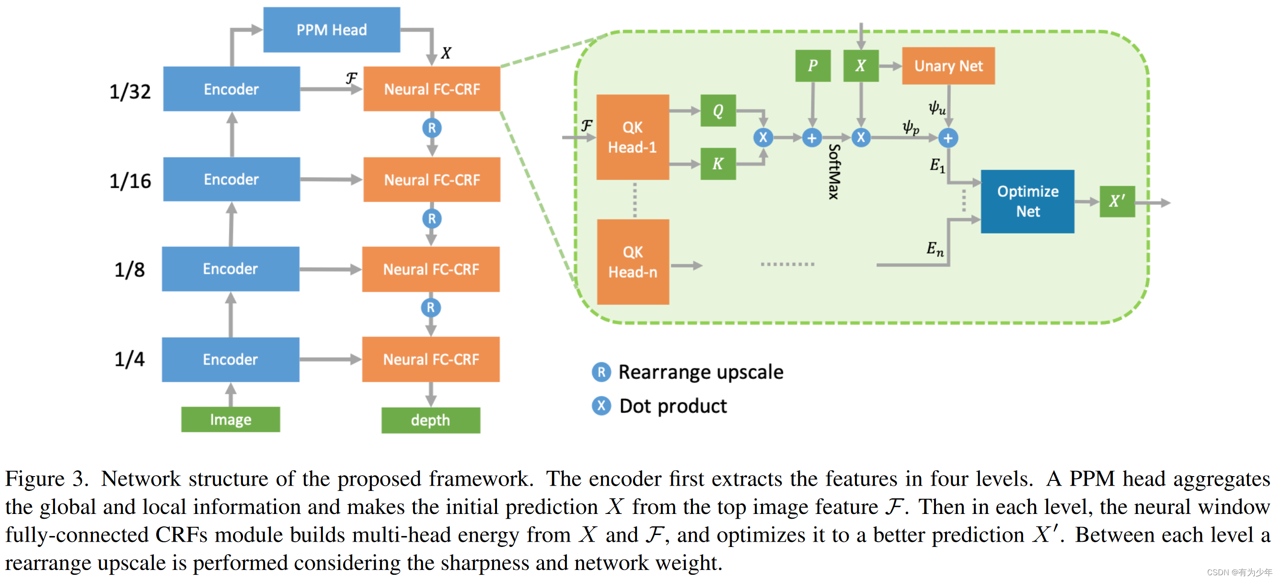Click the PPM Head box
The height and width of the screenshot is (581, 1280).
pos(332,30)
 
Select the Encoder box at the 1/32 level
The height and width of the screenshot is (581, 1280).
pos(231,89)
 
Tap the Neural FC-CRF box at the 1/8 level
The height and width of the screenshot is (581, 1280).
pos(431,269)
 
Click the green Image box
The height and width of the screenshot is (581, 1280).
pos(231,420)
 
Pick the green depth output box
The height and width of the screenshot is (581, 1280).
pos(430,420)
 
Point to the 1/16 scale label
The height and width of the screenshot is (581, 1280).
pos(130,181)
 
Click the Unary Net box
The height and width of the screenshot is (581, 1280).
pos(948,66)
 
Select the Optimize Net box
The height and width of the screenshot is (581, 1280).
pos(1027,202)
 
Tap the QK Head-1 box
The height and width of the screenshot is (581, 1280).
pos(633,137)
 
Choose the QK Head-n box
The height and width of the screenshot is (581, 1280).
pos(633,262)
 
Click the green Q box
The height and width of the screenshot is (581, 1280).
pos(718,110)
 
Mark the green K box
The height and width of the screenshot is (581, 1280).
pos(718,163)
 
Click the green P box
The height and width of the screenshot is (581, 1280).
pos(812,66)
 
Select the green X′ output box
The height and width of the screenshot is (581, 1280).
pos(1117,202)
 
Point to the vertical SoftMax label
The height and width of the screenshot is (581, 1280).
pos(834,172)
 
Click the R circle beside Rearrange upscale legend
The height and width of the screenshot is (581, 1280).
pos(601,372)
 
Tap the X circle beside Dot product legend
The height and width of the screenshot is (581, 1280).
pos(601,406)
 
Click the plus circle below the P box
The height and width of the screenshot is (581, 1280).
pos(811,138)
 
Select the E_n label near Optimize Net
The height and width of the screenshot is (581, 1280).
pos(934,248)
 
